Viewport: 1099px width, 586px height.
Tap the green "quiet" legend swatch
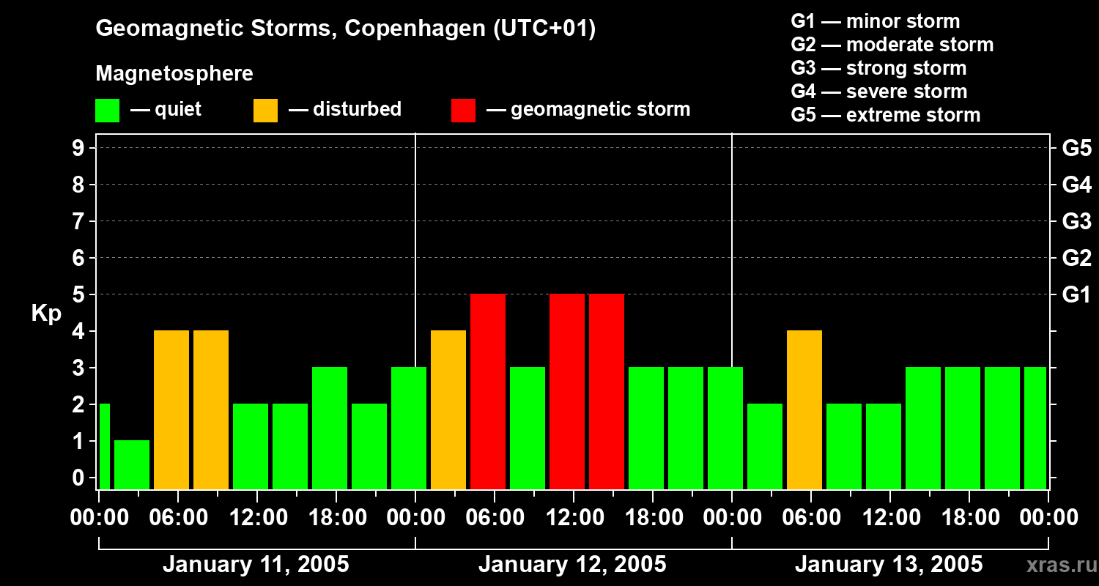click(107, 111)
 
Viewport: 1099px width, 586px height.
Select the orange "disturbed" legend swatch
click(265, 111)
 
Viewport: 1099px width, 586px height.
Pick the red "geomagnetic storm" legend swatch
click(463, 111)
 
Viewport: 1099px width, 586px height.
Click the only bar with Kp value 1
click(132, 464)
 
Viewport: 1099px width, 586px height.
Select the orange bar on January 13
click(804, 409)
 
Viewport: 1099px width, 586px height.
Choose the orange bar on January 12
click(448, 409)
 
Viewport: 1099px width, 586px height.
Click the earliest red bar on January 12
click(488, 391)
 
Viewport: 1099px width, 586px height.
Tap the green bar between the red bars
click(528, 428)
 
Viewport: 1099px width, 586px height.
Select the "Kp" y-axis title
click(46, 314)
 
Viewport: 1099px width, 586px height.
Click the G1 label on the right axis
click(1076, 295)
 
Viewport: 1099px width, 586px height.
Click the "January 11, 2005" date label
click(256, 565)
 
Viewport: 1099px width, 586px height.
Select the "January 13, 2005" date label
click(889, 565)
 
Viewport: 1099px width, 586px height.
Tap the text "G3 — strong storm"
click(878, 68)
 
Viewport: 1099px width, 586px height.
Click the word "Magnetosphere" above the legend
click(174, 74)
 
